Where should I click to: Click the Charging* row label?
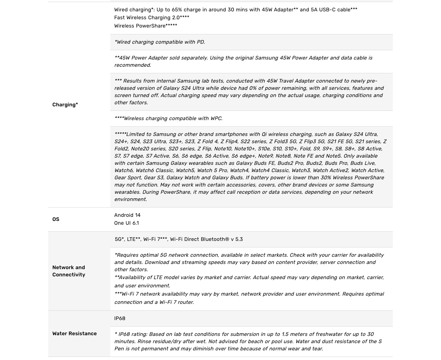click(65, 105)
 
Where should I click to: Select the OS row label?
click(56, 219)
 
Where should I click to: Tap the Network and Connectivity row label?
click(69, 271)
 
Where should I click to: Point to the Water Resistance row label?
click(74, 333)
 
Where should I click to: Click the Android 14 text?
click(127, 215)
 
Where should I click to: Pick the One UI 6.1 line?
click(126, 223)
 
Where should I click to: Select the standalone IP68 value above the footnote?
click(120, 318)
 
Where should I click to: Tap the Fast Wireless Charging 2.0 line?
click(152, 18)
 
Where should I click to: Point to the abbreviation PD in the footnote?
click(200, 42)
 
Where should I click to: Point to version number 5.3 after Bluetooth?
click(239, 239)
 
